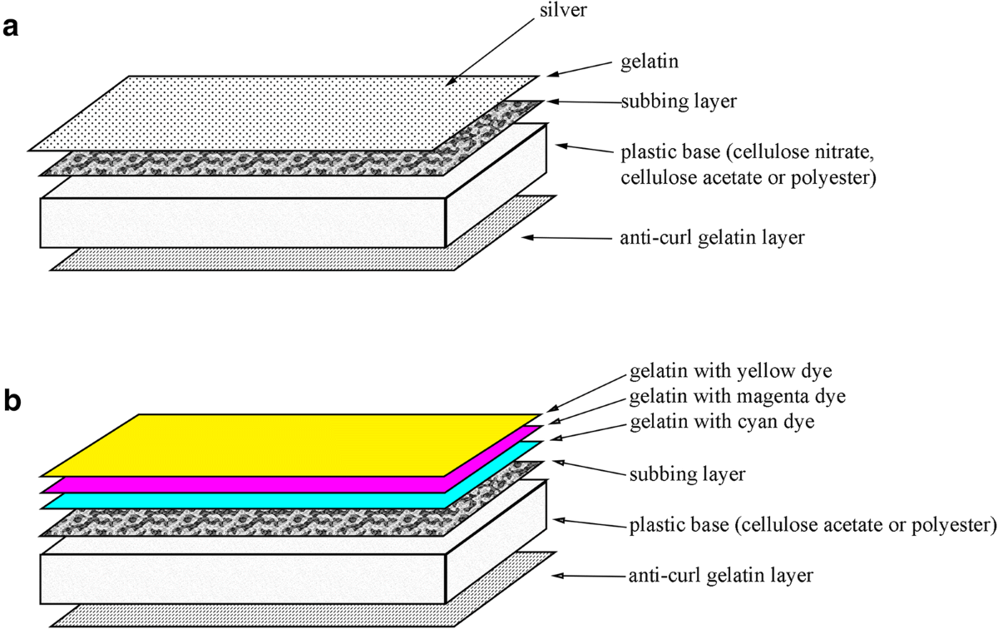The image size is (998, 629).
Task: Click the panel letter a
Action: coord(11,27)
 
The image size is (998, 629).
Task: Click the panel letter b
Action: coord(12,401)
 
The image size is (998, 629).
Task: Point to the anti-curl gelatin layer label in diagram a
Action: coord(713,238)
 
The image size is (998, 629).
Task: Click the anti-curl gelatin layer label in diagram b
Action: coord(716,575)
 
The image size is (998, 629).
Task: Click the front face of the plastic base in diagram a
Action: coord(241,223)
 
